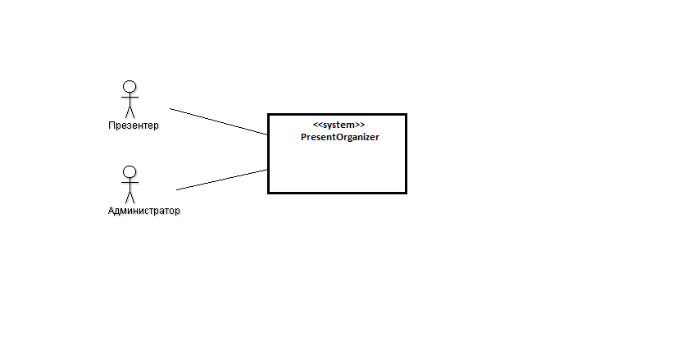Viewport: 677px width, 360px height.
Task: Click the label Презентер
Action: point(134,125)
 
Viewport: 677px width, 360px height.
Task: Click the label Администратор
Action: point(143,211)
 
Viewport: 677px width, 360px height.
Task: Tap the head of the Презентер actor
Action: point(129,87)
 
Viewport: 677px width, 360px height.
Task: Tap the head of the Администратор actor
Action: point(129,172)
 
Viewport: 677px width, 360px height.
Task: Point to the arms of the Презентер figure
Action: point(129,98)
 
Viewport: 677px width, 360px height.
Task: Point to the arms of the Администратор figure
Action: point(129,182)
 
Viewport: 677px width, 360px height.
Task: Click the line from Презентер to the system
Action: point(219,121)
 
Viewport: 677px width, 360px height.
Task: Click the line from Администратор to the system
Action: point(222,180)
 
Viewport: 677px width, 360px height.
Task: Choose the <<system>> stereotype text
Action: point(339,125)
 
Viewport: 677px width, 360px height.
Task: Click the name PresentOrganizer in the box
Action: point(340,137)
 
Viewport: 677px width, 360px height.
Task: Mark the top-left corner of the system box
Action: point(269,115)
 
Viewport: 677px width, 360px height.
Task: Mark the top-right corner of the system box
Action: point(407,115)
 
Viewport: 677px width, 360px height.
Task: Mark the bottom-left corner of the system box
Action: point(269,193)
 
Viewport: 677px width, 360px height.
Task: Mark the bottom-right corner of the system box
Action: point(407,193)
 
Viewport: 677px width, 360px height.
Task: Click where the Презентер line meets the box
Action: point(268,134)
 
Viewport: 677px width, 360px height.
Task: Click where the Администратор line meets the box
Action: point(268,170)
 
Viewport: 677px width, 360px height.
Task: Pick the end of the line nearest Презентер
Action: point(170,108)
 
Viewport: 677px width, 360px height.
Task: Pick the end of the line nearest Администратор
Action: point(176,189)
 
